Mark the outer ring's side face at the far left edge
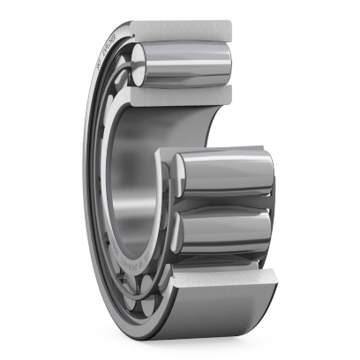(x=88, y=176)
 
